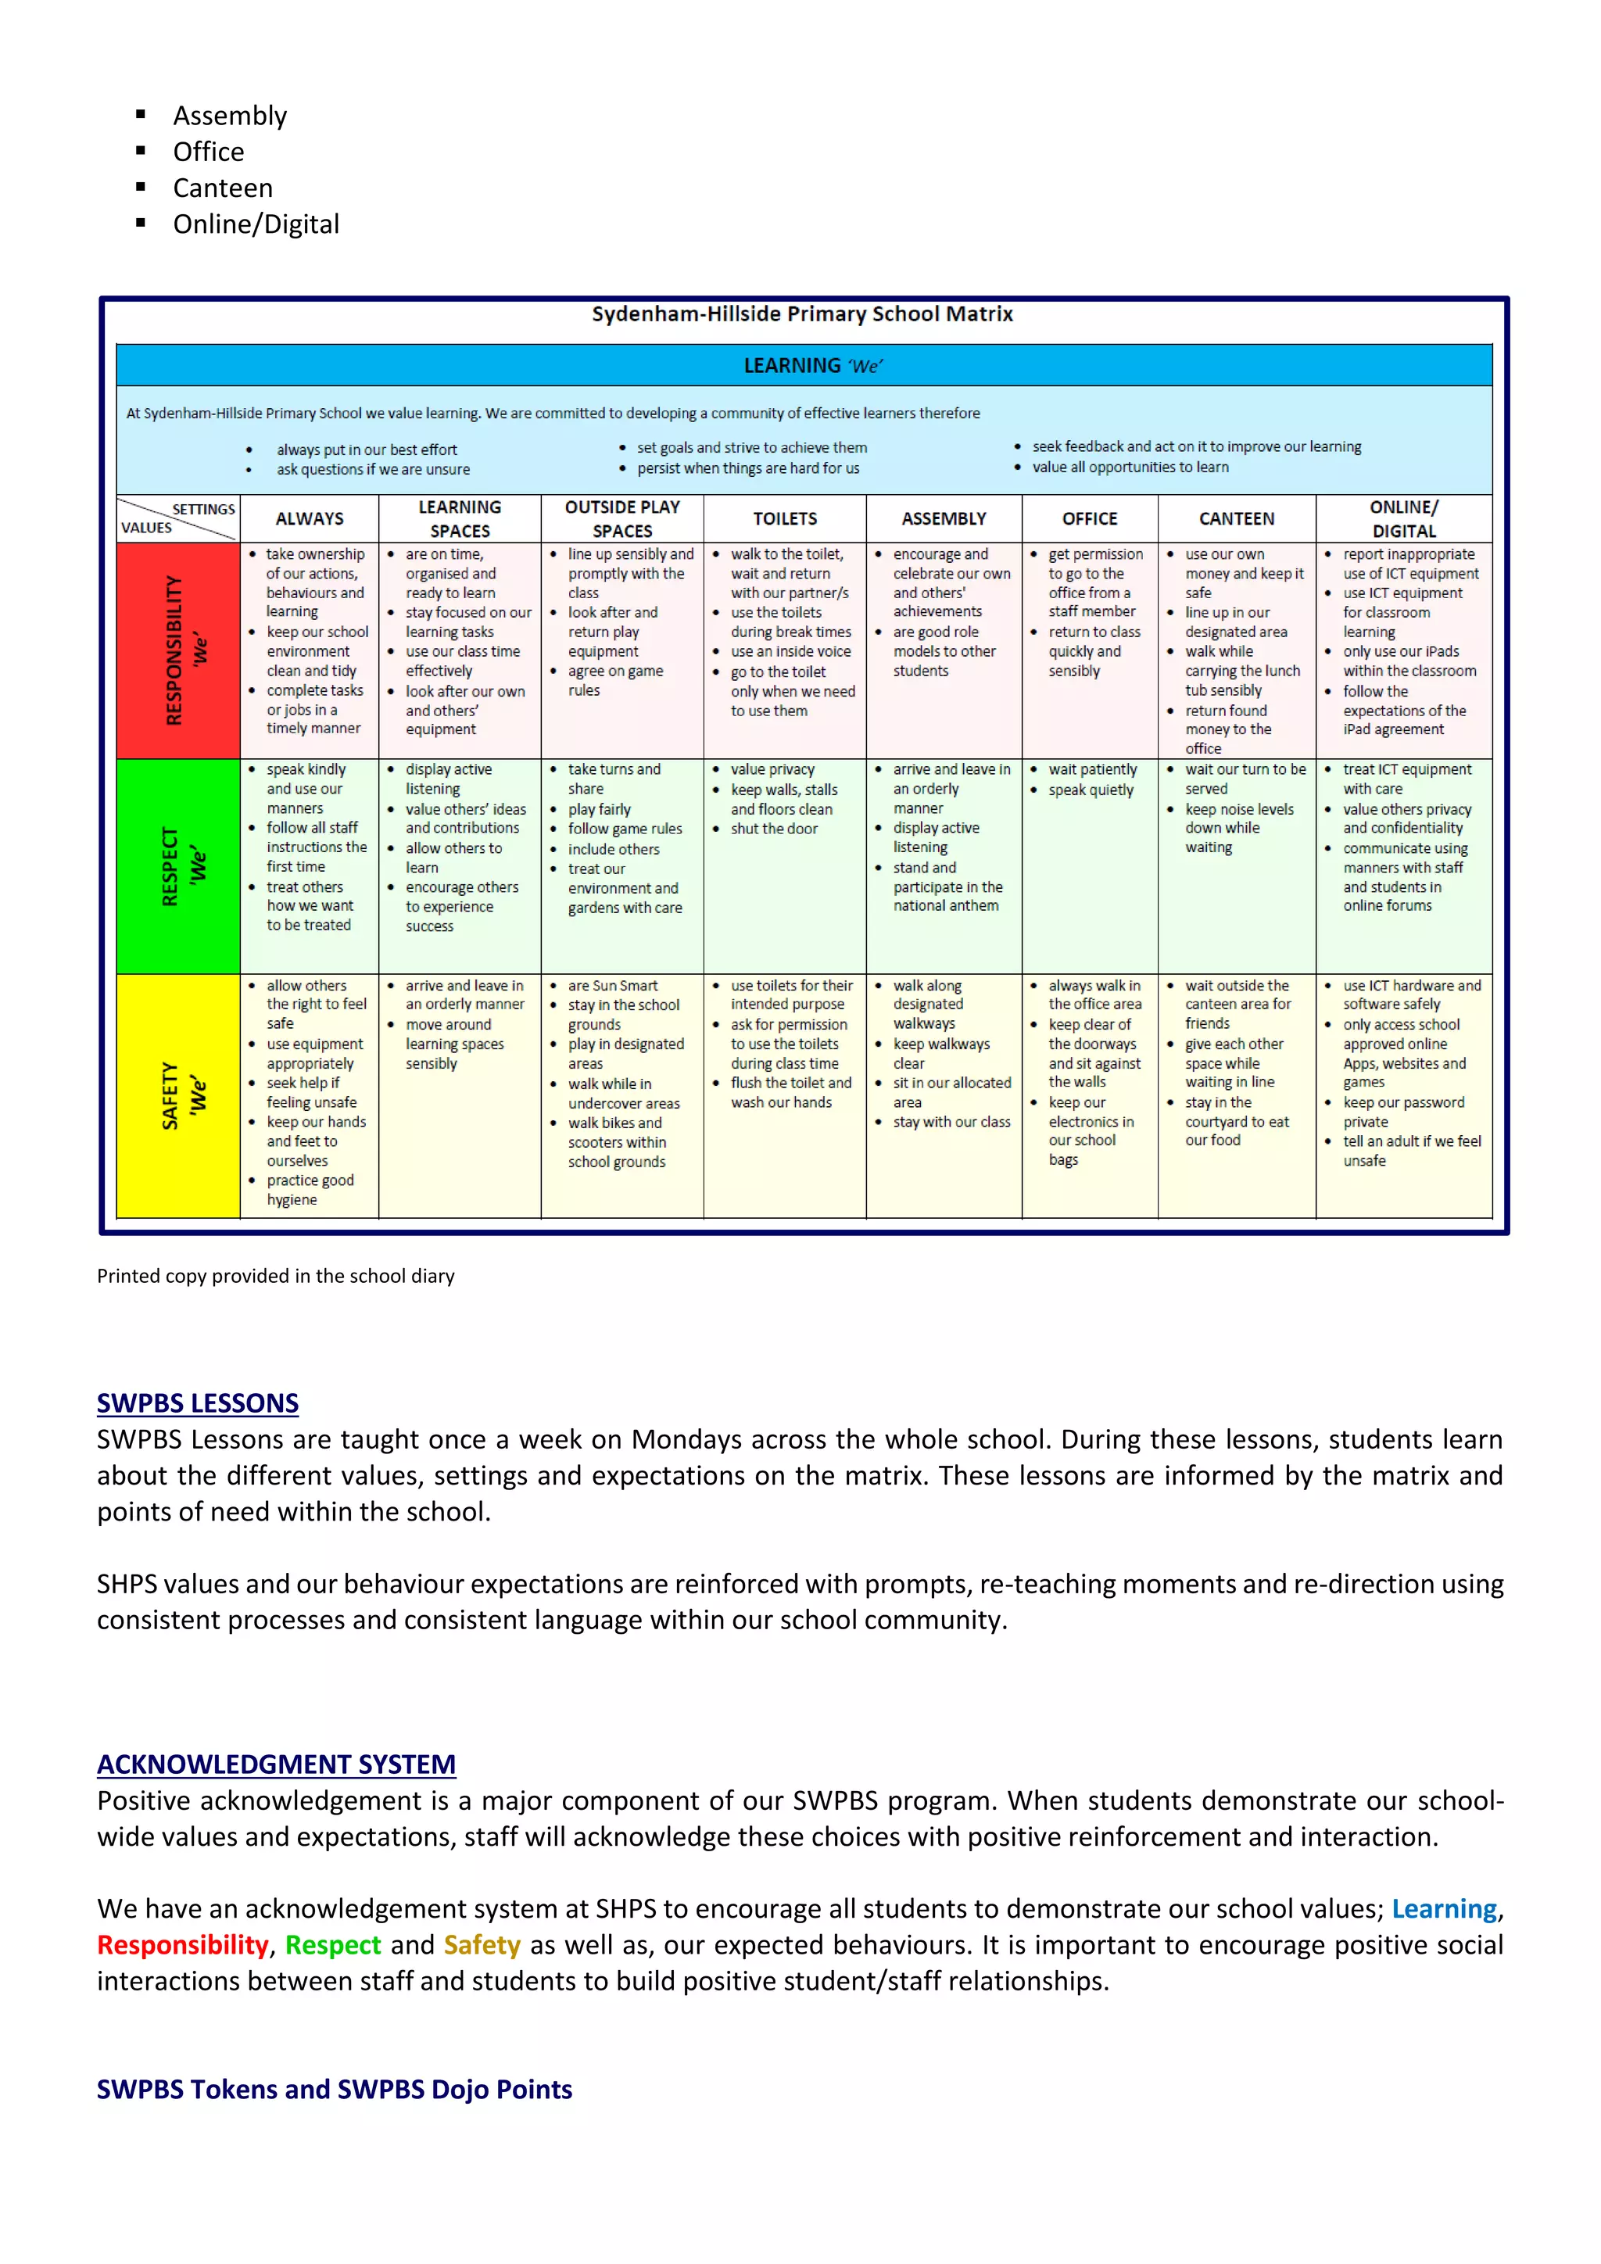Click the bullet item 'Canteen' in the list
click(x=223, y=188)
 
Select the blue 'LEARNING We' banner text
click(x=812, y=366)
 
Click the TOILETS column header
click(x=785, y=518)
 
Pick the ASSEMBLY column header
click(x=944, y=518)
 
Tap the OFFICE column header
click(x=1089, y=518)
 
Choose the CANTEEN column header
click(x=1236, y=518)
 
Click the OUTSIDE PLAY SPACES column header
click(x=622, y=518)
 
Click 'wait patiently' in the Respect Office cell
click(x=1092, y=769)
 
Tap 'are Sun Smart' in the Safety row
click(x=612, y=985)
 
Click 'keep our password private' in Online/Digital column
click(x=1403, y=1112)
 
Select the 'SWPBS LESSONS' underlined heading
click(x=197, y=1403)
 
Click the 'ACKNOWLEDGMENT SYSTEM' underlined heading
click(x=276, y=1764)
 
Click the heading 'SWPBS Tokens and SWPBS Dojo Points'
click(x=335, y=2090)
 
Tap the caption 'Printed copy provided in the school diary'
click(x=276, y=1276)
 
